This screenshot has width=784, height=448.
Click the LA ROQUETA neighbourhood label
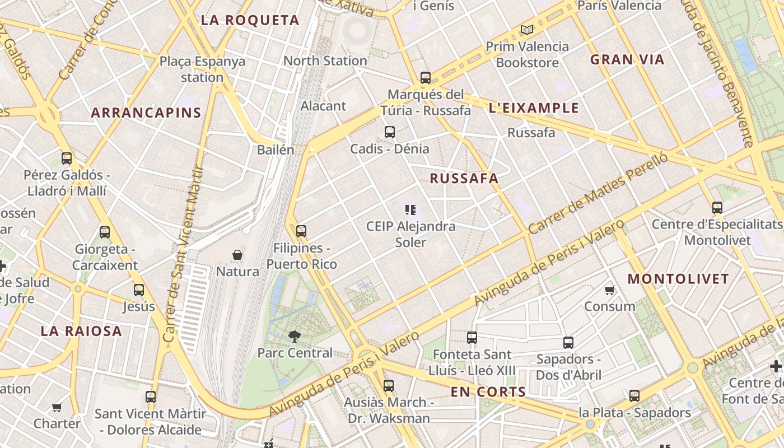pos(250,21)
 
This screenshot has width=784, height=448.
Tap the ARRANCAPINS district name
pos(146,113)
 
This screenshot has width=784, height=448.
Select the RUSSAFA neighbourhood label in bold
pos(464,179)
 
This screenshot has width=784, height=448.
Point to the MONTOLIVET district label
pos(678,279)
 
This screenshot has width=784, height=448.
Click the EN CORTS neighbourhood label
pos(488,392)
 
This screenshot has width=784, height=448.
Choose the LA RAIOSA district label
pos(81,331)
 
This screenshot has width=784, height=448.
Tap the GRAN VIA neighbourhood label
pos(627,60)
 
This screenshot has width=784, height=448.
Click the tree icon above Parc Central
pos(294,336)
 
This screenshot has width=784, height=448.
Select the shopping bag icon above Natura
pos(237,255)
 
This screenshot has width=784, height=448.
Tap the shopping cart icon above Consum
pos(609,290)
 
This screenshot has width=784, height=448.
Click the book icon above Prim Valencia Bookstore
pos(526,30)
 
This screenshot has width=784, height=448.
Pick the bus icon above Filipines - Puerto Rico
pos(301,231)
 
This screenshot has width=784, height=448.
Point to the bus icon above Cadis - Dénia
pos(390,132)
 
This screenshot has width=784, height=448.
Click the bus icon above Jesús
pos(139,290)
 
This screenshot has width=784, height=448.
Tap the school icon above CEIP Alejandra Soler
pos(410,210)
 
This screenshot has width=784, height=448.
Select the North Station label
pos(325,60)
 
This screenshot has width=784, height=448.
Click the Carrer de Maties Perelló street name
pos(598,194)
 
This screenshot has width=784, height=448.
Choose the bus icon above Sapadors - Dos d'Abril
pos(568,342)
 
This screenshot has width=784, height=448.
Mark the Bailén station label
pos(276,150)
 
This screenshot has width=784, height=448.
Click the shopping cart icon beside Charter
pos(57,407)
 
